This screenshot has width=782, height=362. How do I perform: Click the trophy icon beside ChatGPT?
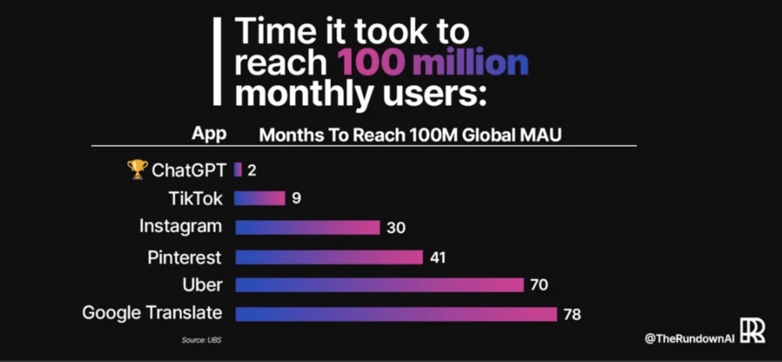pos(137,169)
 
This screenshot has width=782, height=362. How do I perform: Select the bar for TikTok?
pos(259,198)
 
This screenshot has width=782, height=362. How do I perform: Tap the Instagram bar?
pos(307,227)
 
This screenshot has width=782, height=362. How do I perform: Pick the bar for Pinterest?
pos(329,257)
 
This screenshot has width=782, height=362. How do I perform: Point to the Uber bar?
pos(379,285)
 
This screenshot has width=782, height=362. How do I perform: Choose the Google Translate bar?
pos(396,314)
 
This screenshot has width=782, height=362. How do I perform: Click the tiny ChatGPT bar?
pos(238,170)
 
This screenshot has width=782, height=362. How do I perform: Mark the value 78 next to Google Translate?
pos(572,314)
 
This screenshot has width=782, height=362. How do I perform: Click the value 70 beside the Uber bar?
pos(539,285)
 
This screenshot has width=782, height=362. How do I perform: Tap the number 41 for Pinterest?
pos(438,257)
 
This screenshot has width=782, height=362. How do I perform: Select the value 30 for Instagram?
pos(396,227)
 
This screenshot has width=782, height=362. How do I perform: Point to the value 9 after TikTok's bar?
pos(297,198)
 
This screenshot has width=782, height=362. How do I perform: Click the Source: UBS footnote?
pos(201,340)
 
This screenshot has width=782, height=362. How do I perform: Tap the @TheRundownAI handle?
pos(689,339)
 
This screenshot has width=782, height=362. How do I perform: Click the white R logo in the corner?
pos(752,331)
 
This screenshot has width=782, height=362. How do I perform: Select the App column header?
pos(209,134)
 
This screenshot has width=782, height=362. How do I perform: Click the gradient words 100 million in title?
pos(432,62)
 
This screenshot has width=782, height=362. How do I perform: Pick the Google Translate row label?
pos(152,313)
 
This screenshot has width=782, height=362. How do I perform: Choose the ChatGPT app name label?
pos(189,170)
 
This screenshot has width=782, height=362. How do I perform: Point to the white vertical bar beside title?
pos(217,61)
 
